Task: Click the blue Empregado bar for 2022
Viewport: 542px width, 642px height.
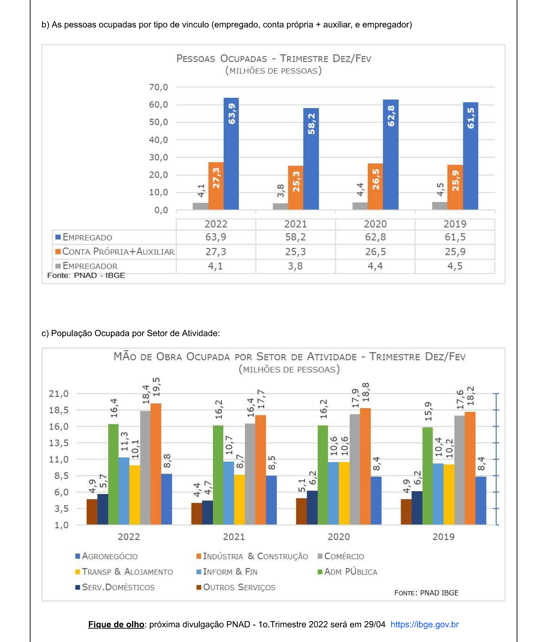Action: pyautogui.click(x=231, y=154)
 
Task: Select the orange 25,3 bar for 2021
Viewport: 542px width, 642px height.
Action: pyautogui.click(x=296, y=187)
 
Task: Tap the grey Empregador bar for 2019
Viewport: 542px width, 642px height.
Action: pyautogui.click(x=440, y=206)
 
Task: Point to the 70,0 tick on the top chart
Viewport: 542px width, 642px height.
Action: pyautogui.click(x=159, y=87)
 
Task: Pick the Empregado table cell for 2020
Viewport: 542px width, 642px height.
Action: pyautogui.click(x=375, y=237)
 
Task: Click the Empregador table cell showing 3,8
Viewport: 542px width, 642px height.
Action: pyautogui.click(x=295, y=266)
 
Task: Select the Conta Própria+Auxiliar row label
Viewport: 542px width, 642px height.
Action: pyautogui.click(x=118, y=252)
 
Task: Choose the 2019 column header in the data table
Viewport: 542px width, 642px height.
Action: pyautogui.click(x=455, y=224)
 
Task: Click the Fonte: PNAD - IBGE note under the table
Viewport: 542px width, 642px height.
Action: pyautogui.click(x=86, y=275)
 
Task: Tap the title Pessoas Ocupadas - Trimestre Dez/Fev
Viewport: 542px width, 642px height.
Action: pyautogui.click(x=274, y=58)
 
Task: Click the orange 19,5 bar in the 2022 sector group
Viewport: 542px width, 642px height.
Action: pyautogui.click(x=156, y=464)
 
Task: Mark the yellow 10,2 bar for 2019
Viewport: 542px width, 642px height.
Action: pyautogui.click(x=449, y=494)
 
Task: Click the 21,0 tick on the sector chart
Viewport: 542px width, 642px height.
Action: pyautogui.click(x=59, y=394)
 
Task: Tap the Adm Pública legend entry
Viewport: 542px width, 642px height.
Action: pyautogui.click(x=347, y=572)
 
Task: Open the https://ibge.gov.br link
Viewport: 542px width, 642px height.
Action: pyautogui.click(x=424, y=624)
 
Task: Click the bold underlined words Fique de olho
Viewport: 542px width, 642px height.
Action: pyautogui.click(x=116, y=624)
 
